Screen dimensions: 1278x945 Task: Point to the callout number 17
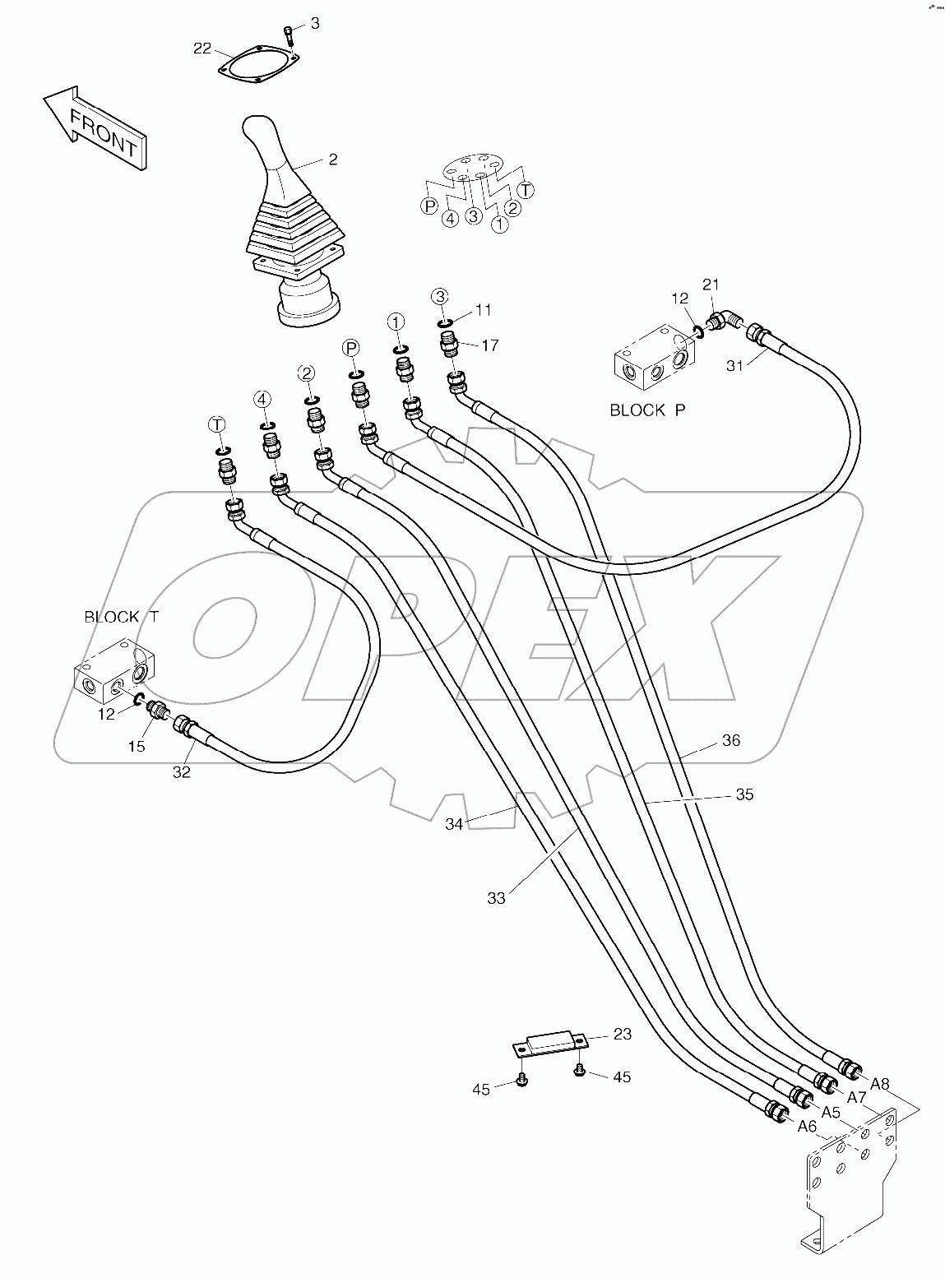[x=489, y=346]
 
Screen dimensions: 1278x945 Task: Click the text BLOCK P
[x=646, y=410]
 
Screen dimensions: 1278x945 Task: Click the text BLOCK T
[x=122, y=617]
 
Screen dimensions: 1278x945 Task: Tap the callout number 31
[x=734, y=365]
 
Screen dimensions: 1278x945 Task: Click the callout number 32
[x=181, y=772]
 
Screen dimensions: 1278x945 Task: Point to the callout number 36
[x=731, y=740]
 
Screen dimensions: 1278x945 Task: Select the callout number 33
[x=496, y=898]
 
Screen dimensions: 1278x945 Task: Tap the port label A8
[x=880, y=1084]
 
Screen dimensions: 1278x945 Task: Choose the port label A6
[x=807, y=1126]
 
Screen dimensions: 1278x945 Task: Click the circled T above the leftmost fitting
[x=216, y=424]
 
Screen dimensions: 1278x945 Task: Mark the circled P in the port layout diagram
[x=429, y=206]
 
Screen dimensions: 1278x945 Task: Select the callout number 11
[x=483, y=310]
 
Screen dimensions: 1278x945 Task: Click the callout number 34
[x=455, y=823]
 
